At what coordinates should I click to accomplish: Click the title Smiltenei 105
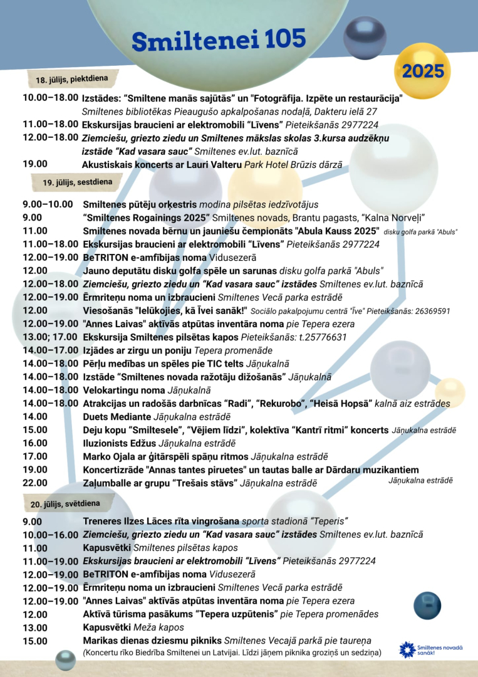(219, 40)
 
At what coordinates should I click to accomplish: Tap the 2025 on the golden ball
(423, 71)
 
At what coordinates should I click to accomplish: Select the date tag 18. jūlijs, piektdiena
(72, 80)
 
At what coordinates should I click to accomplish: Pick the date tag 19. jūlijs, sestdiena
(78, 182)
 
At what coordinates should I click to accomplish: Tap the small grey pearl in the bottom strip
(65, 659)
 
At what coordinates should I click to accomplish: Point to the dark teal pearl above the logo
(427, 606)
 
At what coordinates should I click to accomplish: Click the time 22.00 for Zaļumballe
(35, 483)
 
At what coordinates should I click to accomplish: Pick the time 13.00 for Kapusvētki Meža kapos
(35, 627)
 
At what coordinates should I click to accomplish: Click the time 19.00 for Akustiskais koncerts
(35, 164)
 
